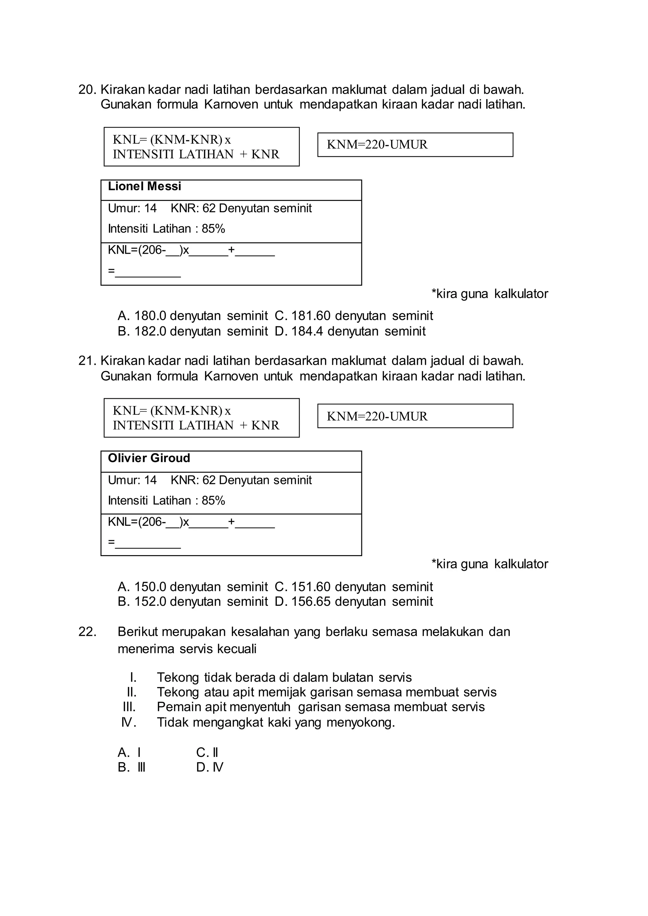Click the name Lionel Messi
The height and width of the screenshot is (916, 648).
pos(145,186)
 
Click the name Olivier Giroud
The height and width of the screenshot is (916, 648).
pos(149,458)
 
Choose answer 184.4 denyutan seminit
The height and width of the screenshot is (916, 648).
pos(350,331)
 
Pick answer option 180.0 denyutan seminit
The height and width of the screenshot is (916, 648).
pos(193,316)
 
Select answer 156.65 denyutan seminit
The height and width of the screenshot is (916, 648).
pos(353,602)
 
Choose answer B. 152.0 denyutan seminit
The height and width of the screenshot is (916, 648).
pos(193,602)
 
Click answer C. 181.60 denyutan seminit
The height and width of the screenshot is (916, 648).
pos(353,316)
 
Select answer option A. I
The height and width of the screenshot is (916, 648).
pos(129,752)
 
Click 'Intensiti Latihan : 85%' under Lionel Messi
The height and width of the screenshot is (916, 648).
pos(166,229)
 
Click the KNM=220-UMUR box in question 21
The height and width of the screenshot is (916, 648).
pos(415,416)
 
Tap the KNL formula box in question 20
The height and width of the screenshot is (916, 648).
pos(202,147)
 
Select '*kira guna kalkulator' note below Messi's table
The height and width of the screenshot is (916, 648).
pos(489,294)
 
